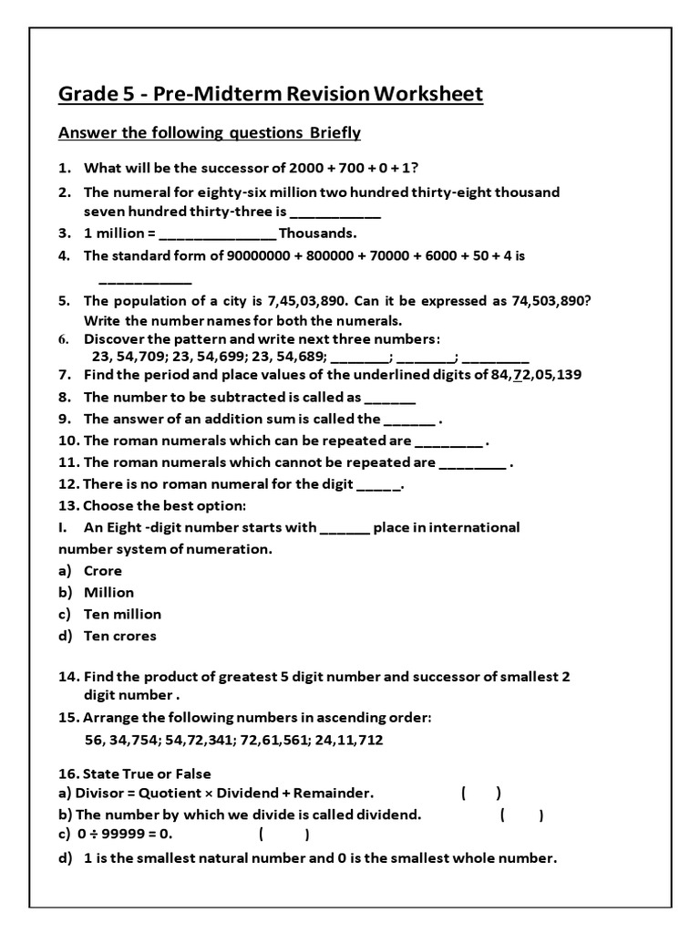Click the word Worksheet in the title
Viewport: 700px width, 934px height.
(428, 94)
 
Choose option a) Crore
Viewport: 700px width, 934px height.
(102, 571)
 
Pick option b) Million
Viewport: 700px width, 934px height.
(108, 593)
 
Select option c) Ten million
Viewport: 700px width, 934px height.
(121, 615)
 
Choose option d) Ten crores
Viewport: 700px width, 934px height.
(119, 637)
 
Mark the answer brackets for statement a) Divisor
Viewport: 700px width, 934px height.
(480, 794)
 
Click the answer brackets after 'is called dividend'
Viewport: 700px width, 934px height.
(521, 815)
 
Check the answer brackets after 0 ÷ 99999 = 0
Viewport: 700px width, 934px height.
(283, 834)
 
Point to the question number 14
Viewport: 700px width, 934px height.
(68, 678)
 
